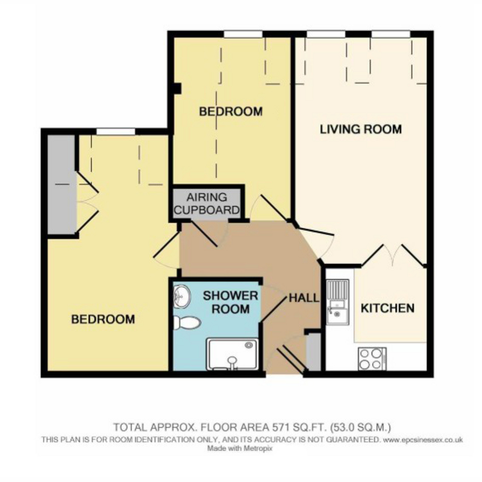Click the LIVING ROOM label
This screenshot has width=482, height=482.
pos(361,129)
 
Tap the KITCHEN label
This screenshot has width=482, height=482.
pos(388,308)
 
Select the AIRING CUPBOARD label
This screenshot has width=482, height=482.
pos(206,204)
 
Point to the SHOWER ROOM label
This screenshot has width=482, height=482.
pos(231,302)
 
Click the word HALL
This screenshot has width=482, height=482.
pos(304,298)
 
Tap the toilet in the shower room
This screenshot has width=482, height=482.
pos(187,323)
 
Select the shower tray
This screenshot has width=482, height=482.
pos(232,354)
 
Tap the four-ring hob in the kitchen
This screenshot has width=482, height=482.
pos(372,359)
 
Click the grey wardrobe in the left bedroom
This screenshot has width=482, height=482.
pos(61,185)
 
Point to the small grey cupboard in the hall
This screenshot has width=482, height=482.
pos(314,352)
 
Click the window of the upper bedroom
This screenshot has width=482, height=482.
pos(243,34)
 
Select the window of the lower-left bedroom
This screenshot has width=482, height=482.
pos(116,132)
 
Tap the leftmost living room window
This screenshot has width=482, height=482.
pos(326,34)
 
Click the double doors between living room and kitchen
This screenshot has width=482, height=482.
pos(393,255)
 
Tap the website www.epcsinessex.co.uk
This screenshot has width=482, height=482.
pos(423,440)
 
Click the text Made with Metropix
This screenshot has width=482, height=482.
pos(240,449)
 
